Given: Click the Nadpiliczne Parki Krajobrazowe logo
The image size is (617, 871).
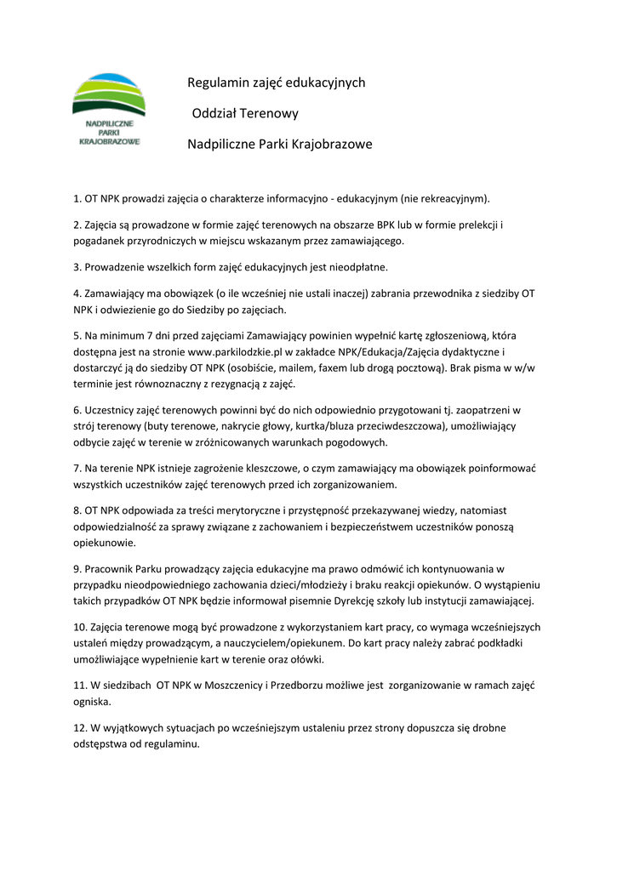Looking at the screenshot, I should (x=108, y=111).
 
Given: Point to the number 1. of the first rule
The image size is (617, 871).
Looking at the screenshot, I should (x=77, y=199).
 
